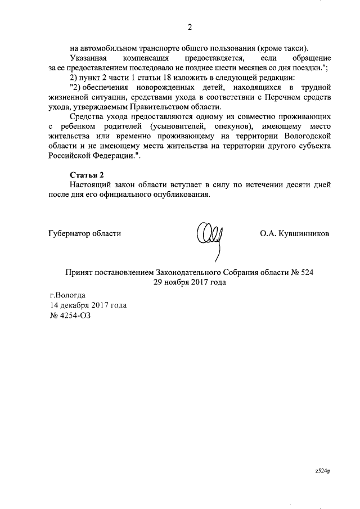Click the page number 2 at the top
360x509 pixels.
tap(190, 27)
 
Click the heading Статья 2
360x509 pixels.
tap(87, 174)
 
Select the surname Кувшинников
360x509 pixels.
tap(304, 233)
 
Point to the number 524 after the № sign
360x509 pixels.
tap(304, 272)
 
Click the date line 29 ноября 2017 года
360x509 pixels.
tap(190, 283)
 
